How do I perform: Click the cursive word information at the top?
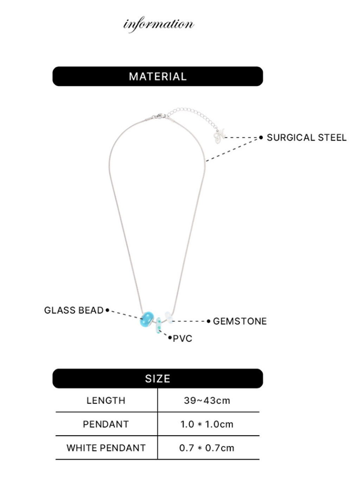tap(158, 24)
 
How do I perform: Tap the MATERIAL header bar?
tap(157, 76)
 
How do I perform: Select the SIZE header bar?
tap(157, 378)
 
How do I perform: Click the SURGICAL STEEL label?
tap(306, 138)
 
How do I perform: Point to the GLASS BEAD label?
tap(73, 310)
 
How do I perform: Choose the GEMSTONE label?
tap(240, 321)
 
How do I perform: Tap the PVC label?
tap(182, 339)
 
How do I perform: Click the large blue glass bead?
tap(147, 319)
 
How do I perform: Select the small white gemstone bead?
tap(169, 318)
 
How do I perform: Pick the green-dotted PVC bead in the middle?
tap(159, 325)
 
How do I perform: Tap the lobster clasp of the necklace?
tap(160, 116)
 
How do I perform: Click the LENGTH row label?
tap(106, 400)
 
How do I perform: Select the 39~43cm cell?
tap(207, 400)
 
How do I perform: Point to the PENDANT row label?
tap(106, 424)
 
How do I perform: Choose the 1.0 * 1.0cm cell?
tap(207, 424)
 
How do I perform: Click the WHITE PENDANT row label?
tap(106, 448)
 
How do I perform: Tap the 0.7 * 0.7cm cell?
tap(207, 448)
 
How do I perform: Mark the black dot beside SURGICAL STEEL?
tap(261, 137)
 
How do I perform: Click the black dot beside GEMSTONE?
tap(208, 321)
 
